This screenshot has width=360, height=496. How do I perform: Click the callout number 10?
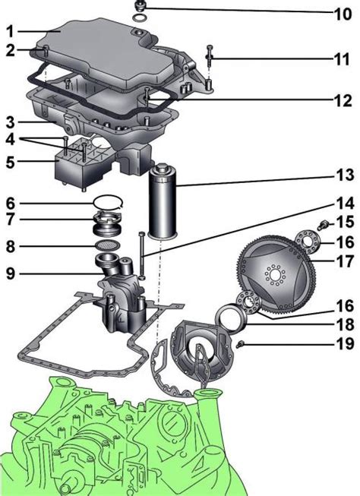pyautogui.click(x=343, y=14)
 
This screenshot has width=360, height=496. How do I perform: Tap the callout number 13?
pyautogui.click(x=345, y=175)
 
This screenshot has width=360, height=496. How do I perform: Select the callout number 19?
pyautogui.click(x=345, y=343)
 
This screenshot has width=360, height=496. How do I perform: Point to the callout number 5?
pyautogui.click(x=11, y=162)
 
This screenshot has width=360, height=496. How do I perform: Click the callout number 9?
pyautogui.click(x=11, y=273)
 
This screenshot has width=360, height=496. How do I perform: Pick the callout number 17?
pyautogui.click(x=345, y=261)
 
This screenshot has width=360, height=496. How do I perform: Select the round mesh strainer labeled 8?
pyautogui.click(x=108, y=245)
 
